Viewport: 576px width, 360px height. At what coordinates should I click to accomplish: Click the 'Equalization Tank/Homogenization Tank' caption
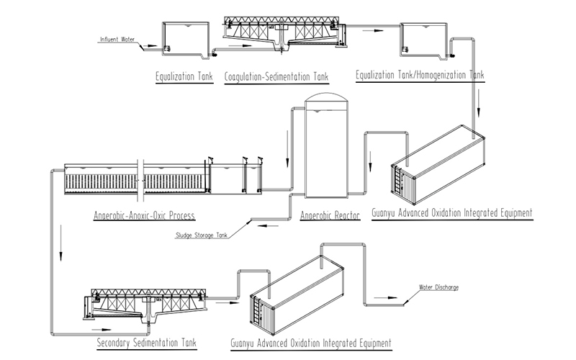(420, 75)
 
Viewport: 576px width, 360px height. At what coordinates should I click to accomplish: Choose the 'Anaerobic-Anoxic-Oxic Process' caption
(145, 215)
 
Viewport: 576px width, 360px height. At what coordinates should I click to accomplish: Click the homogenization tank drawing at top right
(423, 37)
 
